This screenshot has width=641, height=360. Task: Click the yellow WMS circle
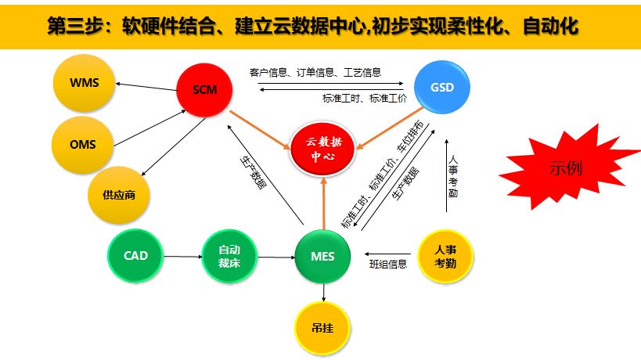[x=84, y=82]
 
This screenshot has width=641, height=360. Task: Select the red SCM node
[x=204, y=90]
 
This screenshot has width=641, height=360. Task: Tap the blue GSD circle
[x=442, y=87]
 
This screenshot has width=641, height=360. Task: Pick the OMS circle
[x=82, y=145]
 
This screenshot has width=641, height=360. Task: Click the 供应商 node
[x=118, y=195]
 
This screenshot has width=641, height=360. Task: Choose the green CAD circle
[x=135, y=256]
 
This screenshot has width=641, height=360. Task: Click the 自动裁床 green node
[x=229, y=256]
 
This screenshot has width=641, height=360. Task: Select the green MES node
[x=322, y=256]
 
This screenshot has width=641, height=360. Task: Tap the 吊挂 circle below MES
[x=322, y=328]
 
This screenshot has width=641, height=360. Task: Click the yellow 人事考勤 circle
[x=445, y=256]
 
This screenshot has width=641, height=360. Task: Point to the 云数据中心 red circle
[x=323, y=149]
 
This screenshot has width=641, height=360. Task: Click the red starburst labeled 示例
[x=568, y=167]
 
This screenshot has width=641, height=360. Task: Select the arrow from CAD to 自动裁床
[x=182, y=257]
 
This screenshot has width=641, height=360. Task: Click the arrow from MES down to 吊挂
[x=323, y=293]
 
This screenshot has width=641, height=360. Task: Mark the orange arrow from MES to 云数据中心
[x=324, y=203]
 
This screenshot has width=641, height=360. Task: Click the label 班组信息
[x=388, y=265]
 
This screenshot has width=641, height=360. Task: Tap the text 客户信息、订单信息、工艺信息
[x=315, y=73]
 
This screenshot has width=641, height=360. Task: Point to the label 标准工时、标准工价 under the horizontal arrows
[x=364, y=99]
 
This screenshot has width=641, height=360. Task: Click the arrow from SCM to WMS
[x=146, y=87]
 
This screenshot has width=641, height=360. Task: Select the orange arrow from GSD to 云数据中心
[x=390, y=128]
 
